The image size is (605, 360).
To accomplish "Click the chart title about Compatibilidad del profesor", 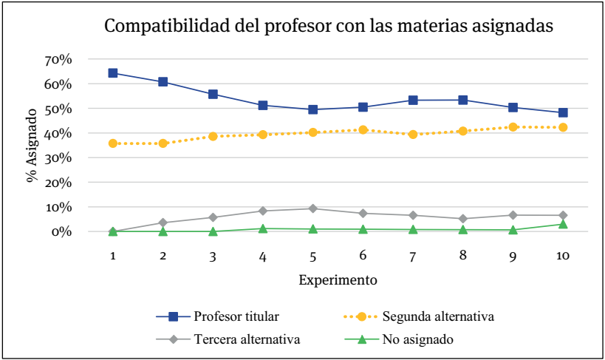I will click(329, 27).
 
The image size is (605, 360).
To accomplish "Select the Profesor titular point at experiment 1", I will click(113, 72).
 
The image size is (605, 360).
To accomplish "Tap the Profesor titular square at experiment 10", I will click(563, 112).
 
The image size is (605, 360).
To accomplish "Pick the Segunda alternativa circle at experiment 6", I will click(363, 129).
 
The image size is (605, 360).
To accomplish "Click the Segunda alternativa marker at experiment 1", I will click(113, 143).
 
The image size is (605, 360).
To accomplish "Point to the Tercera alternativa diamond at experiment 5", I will click(313, 208).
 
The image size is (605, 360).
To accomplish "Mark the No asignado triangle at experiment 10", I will click(563, 224).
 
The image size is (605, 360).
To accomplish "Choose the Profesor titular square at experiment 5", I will click(313, 109).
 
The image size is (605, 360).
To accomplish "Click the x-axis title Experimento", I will click(338, 281).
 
